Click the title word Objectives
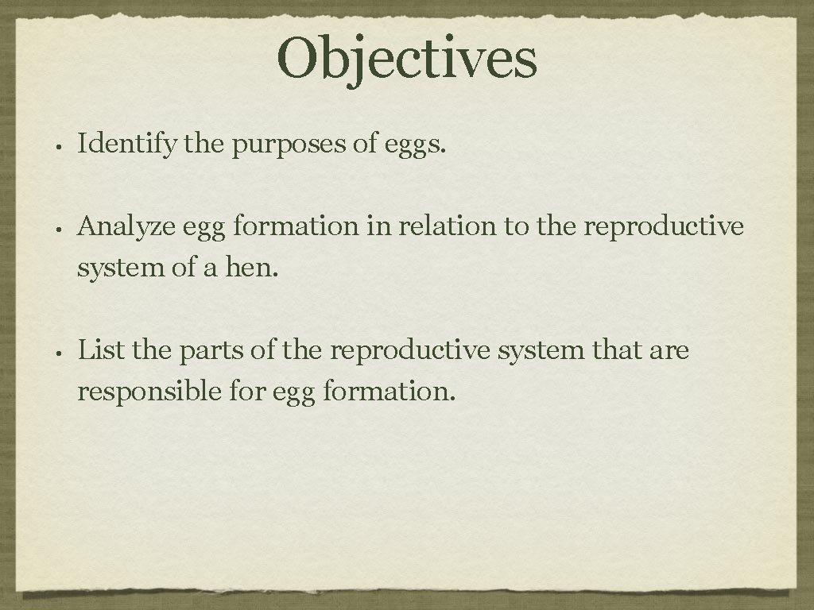(x=407, y=60)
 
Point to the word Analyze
(x=127, y=228)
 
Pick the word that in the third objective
(x=617, y=349)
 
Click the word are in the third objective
(x=669, y=351)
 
